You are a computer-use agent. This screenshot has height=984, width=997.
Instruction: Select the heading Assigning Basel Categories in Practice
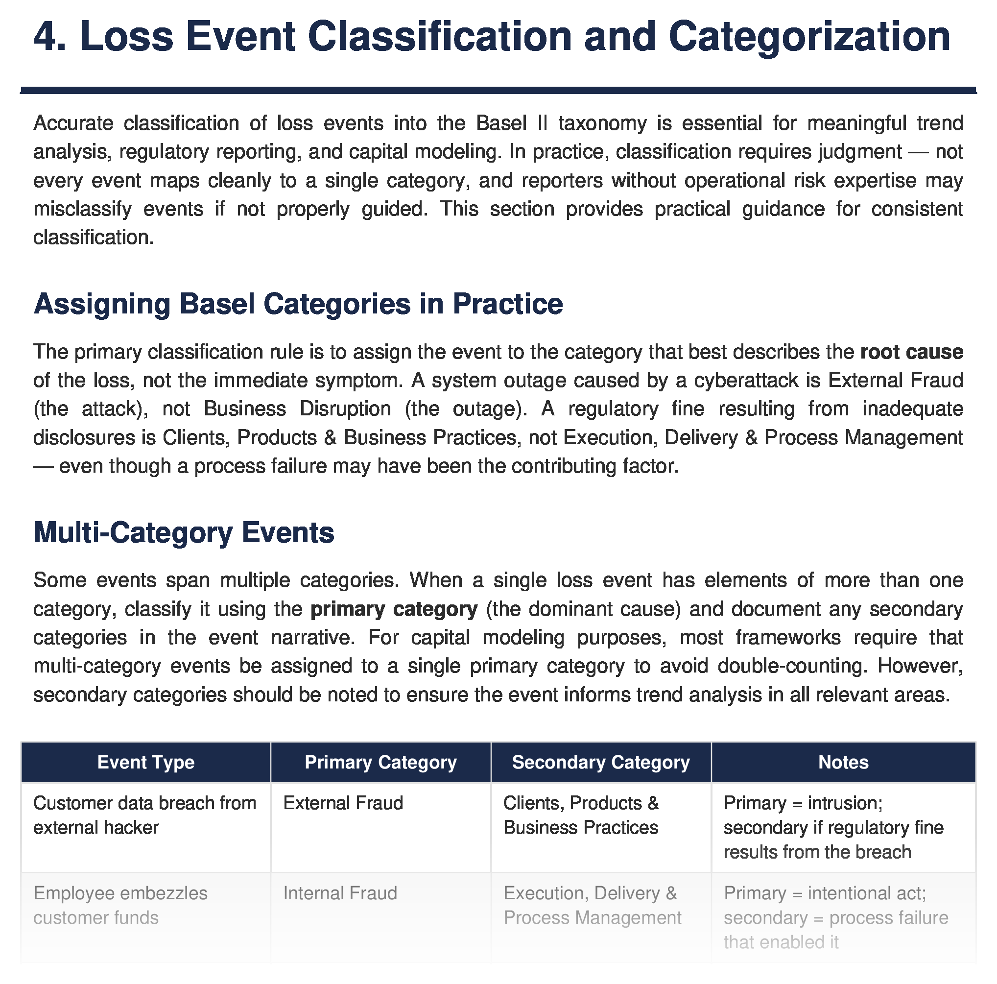coord(298,304)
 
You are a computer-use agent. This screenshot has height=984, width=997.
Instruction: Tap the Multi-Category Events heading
coord(184,532)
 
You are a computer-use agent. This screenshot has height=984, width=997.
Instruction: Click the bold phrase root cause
coord(911,352)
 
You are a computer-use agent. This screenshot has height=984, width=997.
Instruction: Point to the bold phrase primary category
coord(394,609)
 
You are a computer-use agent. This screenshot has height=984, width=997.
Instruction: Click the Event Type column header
coord(145,762)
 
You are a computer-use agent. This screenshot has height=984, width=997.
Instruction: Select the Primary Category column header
coord(380,762)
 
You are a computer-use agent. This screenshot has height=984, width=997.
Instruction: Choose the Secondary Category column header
coord(601,762)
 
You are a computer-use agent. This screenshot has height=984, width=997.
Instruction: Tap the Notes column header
coord(843,762)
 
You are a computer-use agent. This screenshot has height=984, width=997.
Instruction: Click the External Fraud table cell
coord(343,803)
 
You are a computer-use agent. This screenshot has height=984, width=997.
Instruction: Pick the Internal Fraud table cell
coord(340,893)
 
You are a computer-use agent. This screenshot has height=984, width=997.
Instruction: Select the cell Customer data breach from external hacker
coord(144,815)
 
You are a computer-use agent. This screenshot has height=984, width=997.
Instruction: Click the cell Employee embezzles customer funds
coord(120,906)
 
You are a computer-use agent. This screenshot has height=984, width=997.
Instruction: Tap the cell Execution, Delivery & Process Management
coord(592,906)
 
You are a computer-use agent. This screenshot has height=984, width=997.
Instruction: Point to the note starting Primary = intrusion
coord(833,828)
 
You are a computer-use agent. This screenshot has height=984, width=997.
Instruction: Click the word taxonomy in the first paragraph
coord(602,123)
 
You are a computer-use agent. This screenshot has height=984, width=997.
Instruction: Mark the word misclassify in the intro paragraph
coord(83,209)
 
